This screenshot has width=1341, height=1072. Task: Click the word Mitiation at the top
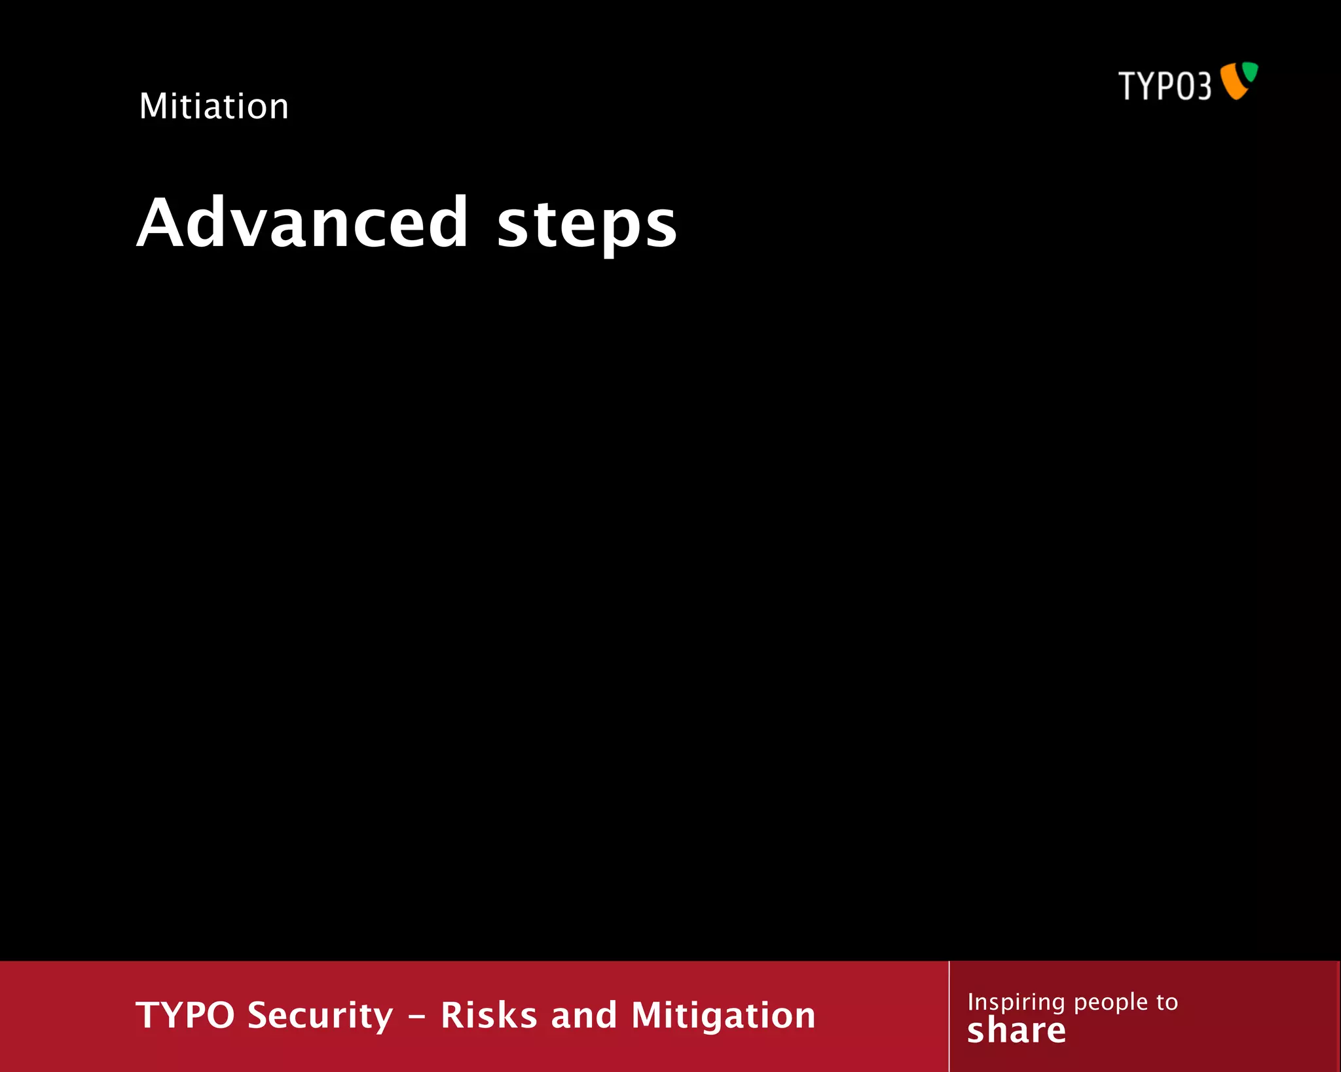tap(213, 106)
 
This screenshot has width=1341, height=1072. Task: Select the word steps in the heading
tap(587, 226)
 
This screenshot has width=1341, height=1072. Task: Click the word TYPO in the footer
tap(185, 1015)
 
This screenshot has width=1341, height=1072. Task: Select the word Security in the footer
tap(321, 1016)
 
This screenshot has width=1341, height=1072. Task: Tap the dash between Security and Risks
tap(416, 1016)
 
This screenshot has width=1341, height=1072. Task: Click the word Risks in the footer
tap(489, 1015)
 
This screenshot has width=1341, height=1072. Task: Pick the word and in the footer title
tap(584, 1015)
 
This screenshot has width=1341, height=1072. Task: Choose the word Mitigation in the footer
tap(724, 1016)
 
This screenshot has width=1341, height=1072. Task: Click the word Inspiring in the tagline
tap(1016, 1002)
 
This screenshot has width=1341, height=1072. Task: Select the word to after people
tap(1167, 1002)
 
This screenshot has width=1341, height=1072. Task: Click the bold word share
tap(1016, 1031)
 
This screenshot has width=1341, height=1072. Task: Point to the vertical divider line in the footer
tap(949, 1016)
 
